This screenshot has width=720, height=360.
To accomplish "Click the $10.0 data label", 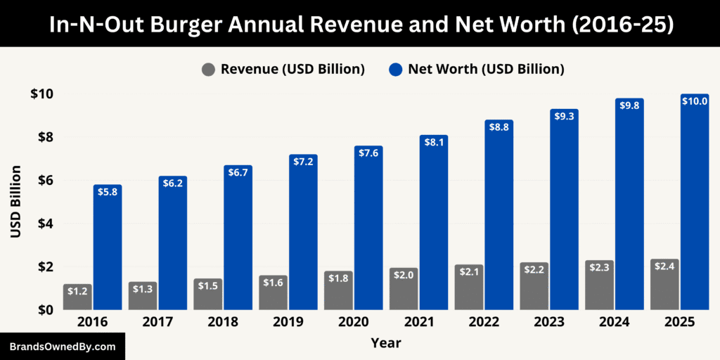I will [x=695, y=101].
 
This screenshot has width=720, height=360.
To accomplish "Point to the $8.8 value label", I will [x=499, y=127].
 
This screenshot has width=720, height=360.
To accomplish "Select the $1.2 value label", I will [x=77, y=290].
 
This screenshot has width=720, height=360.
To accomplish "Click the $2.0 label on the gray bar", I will [x=404, y=275].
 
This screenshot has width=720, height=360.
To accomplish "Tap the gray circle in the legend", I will [x=209, y=69].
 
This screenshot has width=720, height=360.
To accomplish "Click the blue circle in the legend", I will [x=396, y=69].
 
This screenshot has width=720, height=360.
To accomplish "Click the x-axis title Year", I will [x=386, y=343].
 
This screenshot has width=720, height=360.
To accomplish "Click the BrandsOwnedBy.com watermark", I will [x=63, y=347].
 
